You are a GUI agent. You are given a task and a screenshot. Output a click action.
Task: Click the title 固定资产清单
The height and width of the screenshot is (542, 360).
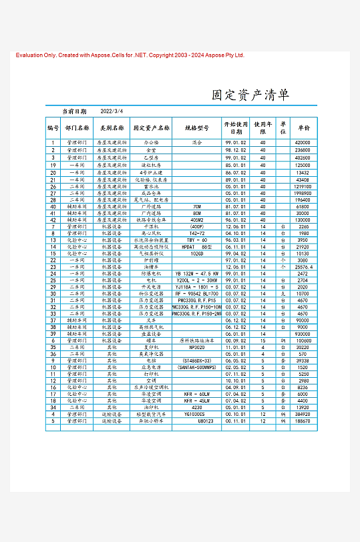click(x=250, y=95)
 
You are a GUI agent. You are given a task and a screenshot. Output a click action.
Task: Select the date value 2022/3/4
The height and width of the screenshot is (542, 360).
click(x=112, y=111)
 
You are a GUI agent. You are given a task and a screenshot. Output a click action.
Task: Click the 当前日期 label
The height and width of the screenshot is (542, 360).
click(x=74, y=111)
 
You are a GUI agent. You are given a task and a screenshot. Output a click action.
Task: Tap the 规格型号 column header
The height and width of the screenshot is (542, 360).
click(x=196, y=127)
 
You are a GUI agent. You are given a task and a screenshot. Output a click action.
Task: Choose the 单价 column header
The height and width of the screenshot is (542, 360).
click(x=304, y=127)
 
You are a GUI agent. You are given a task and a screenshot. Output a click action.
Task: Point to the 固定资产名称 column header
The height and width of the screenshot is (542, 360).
click(x=151, y=127)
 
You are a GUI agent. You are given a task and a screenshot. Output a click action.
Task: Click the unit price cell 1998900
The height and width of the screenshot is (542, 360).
click(x=303, y=193)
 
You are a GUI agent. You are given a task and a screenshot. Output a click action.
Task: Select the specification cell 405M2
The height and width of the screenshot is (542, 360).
click(x=196, y=220)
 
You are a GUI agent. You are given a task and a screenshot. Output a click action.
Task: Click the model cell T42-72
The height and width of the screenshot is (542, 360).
click(x=196, y=233)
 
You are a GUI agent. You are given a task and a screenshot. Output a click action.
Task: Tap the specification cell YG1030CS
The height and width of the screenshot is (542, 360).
click(x=196, y=414)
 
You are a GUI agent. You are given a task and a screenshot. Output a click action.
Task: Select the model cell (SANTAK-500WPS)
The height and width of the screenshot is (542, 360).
click(x=196, y=367)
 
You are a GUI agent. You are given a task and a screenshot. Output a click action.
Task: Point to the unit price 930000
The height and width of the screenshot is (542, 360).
click(x=303, y=334)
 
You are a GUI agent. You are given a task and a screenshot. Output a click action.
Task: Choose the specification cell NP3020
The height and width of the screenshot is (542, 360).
click(x=196, y=347)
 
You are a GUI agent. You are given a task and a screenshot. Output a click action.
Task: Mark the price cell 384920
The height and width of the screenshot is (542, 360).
click(x=303, y=414)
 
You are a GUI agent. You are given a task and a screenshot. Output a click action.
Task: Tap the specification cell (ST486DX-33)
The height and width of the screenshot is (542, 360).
click(x=196, y=360)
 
